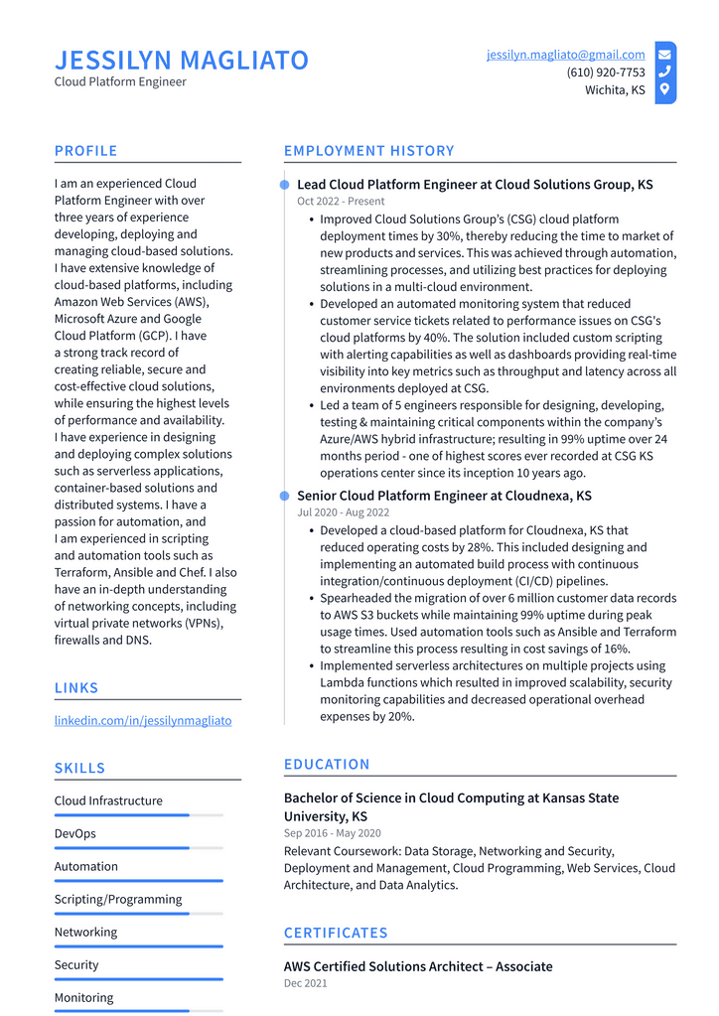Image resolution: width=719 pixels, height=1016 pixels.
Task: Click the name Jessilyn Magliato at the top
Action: (x=182, y=61)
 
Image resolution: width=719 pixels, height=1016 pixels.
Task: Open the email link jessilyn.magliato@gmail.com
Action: (x=565, y=55)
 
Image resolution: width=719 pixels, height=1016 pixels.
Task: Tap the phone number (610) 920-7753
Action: (x=605, y=73)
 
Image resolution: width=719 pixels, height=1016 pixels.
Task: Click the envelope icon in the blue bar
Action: (x=664, y=55)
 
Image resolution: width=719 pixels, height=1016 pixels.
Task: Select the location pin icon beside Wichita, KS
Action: (x=664, y=89)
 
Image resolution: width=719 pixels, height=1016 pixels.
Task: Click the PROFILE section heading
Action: (x=85, y=151)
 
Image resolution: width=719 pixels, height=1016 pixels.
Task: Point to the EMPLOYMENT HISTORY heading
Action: (x=368, y=151)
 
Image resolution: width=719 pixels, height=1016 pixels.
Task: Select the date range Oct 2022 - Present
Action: (x=341, y=202)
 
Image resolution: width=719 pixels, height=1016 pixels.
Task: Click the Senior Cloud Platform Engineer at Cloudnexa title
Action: (x=443, y=496)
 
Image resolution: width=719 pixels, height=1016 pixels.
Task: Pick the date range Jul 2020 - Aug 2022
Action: (x=343, y=512)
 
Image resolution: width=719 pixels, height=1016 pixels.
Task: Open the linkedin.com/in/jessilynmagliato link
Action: (x=143, y=720)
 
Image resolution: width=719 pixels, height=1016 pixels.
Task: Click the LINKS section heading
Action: (x=76, y=688)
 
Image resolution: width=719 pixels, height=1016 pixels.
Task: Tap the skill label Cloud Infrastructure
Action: (x=108, y=800)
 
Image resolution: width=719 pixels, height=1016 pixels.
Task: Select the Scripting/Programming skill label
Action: (x=118, y=899)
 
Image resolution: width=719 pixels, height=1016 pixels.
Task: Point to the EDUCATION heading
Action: (x=327, y=764)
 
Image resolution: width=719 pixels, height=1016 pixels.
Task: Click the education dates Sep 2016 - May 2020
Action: (x=332, y=833)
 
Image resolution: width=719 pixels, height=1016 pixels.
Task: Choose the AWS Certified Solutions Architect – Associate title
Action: (x=418, y=966)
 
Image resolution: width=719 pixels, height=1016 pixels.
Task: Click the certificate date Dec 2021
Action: (x=305, y=983)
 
